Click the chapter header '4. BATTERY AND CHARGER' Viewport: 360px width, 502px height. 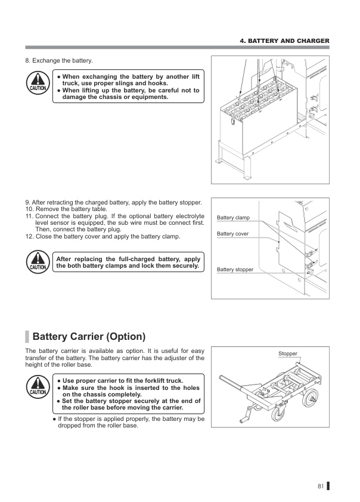click(x=284, y=41)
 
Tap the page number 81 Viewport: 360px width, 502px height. click(x=320, y=486)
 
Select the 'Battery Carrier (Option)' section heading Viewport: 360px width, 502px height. click(x=89, y=336)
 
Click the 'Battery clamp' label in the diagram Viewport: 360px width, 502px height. click(x=233, y=218)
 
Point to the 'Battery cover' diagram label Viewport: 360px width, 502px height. click(x=232, y=234)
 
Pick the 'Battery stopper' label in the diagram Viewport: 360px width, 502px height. click(x=235, y=269)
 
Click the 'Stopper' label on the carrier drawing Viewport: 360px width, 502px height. click(x=287, y=354)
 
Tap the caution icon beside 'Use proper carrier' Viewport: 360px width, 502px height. click(x=38, y=387)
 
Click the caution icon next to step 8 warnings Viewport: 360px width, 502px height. click(x=38, y=83)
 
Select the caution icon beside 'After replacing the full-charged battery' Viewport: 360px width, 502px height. click(x=38, y=262)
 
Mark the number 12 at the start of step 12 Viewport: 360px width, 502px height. click(x=29, y=236)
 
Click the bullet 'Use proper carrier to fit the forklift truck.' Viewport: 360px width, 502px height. click(x=123, y=380)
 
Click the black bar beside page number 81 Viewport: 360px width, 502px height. click(x=328, y=486)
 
